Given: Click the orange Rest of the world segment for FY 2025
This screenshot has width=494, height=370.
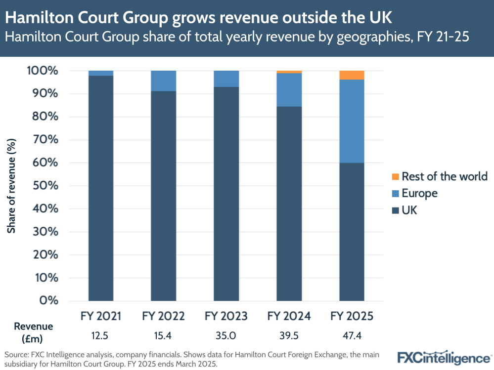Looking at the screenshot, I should (352, 75).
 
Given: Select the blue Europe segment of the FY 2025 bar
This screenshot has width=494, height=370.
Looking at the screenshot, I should (352, 121).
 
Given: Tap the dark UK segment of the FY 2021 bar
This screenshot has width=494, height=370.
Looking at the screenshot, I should (101, 188).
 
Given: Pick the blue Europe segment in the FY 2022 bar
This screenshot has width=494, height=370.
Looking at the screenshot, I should (164, 81).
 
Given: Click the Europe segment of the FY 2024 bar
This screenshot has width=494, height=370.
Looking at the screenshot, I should (289, 89).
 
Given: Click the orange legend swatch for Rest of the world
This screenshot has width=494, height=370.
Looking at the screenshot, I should (395, 176).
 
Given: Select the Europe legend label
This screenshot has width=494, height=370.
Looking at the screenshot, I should (419, 193).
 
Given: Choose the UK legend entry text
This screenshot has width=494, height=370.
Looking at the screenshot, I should (409, 210).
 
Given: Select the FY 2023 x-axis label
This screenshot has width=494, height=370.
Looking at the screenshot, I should (226, 316).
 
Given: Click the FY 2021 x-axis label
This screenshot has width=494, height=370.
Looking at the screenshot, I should (101, 316).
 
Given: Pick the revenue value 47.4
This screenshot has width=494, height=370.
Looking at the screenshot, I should (352, 336).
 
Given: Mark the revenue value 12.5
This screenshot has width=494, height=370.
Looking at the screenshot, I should (101, 336).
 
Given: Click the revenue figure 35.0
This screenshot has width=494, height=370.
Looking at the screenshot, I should (226, 336).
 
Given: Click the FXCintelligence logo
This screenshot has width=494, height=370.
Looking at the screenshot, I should (444, 357).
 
